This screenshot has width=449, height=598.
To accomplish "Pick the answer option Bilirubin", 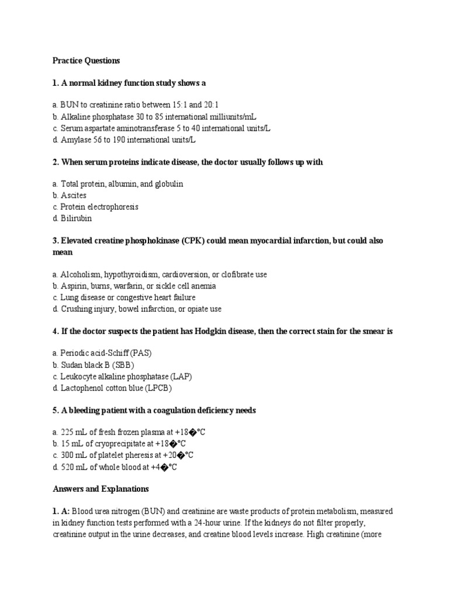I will pyautogui.click(x=76, y=218).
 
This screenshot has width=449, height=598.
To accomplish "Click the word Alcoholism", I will pyautogui.click(x=81, y=274).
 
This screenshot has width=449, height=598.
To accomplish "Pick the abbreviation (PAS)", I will pyautogui.click(x=144, y=354).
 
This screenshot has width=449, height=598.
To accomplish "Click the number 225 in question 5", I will pyautogui.click(x=67, y=433).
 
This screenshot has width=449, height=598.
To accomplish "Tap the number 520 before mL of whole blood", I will pyautogui.click(x=68, y=467).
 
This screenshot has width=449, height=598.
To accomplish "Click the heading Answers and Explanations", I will pyautogui.click(x=101, y=489).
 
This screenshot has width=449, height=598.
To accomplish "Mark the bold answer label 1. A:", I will pyautogui.click(x=61, y=512).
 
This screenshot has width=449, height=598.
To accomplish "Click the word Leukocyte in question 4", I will pyautogui.click(x=79, y=377).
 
